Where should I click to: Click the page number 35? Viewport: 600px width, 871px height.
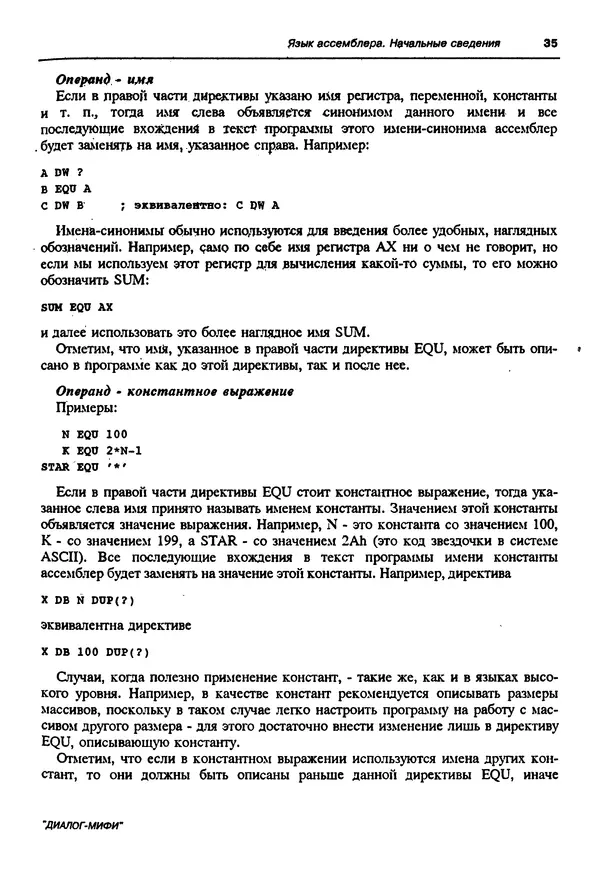(x=549, y=43)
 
